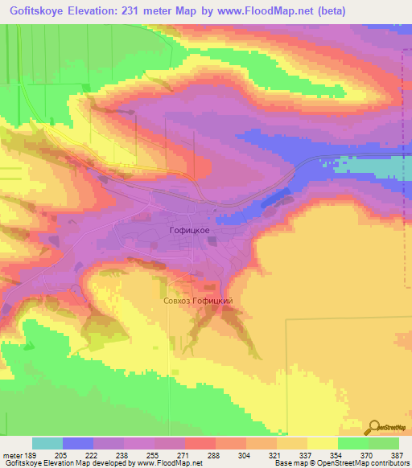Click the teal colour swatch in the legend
click(47, 443)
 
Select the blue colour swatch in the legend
click(78, 443)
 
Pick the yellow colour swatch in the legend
click(323, 443)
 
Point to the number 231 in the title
click(137, 10)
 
